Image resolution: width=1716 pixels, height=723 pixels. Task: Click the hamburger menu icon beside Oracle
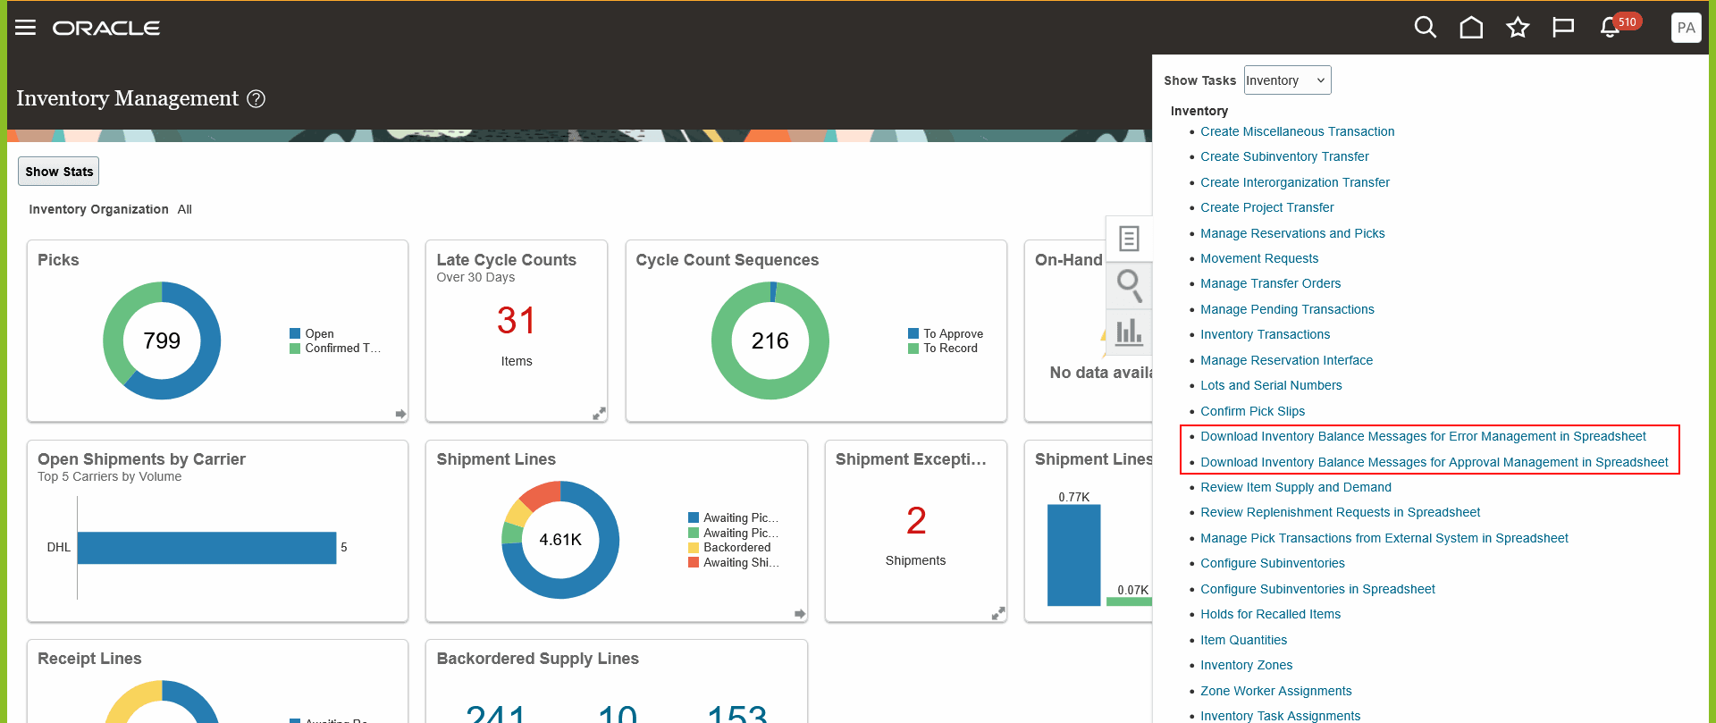point(26,28)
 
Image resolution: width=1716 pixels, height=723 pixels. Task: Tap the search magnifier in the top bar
point(1426,28)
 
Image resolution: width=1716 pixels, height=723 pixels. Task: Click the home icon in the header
point(1471,28)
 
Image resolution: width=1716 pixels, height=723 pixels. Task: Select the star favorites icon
point(1518,28)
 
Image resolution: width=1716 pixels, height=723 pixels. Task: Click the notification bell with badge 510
point(1611,28)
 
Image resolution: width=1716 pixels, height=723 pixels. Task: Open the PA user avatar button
point(1686,28)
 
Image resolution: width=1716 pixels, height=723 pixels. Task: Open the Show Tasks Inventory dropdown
point(1287,80)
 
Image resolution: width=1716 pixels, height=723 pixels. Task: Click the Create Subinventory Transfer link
point(1284,156)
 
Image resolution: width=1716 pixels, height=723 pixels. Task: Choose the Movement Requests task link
point(1259,258)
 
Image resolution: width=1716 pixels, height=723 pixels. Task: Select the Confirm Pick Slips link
point(1252,411)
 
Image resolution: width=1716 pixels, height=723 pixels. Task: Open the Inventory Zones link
point(1246,665)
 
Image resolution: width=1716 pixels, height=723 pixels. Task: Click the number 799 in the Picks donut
point(162,340)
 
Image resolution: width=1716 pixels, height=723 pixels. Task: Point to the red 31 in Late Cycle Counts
point(516,321)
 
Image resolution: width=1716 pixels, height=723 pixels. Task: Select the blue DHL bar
point(206,547)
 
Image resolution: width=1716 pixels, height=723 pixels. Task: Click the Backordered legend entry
point(736,547)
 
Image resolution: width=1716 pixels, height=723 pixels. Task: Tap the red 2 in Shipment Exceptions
point(916,520)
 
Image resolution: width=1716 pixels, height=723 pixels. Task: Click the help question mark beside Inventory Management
point(257,98)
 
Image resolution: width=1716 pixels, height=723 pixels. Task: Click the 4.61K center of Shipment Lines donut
point(560,540)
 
